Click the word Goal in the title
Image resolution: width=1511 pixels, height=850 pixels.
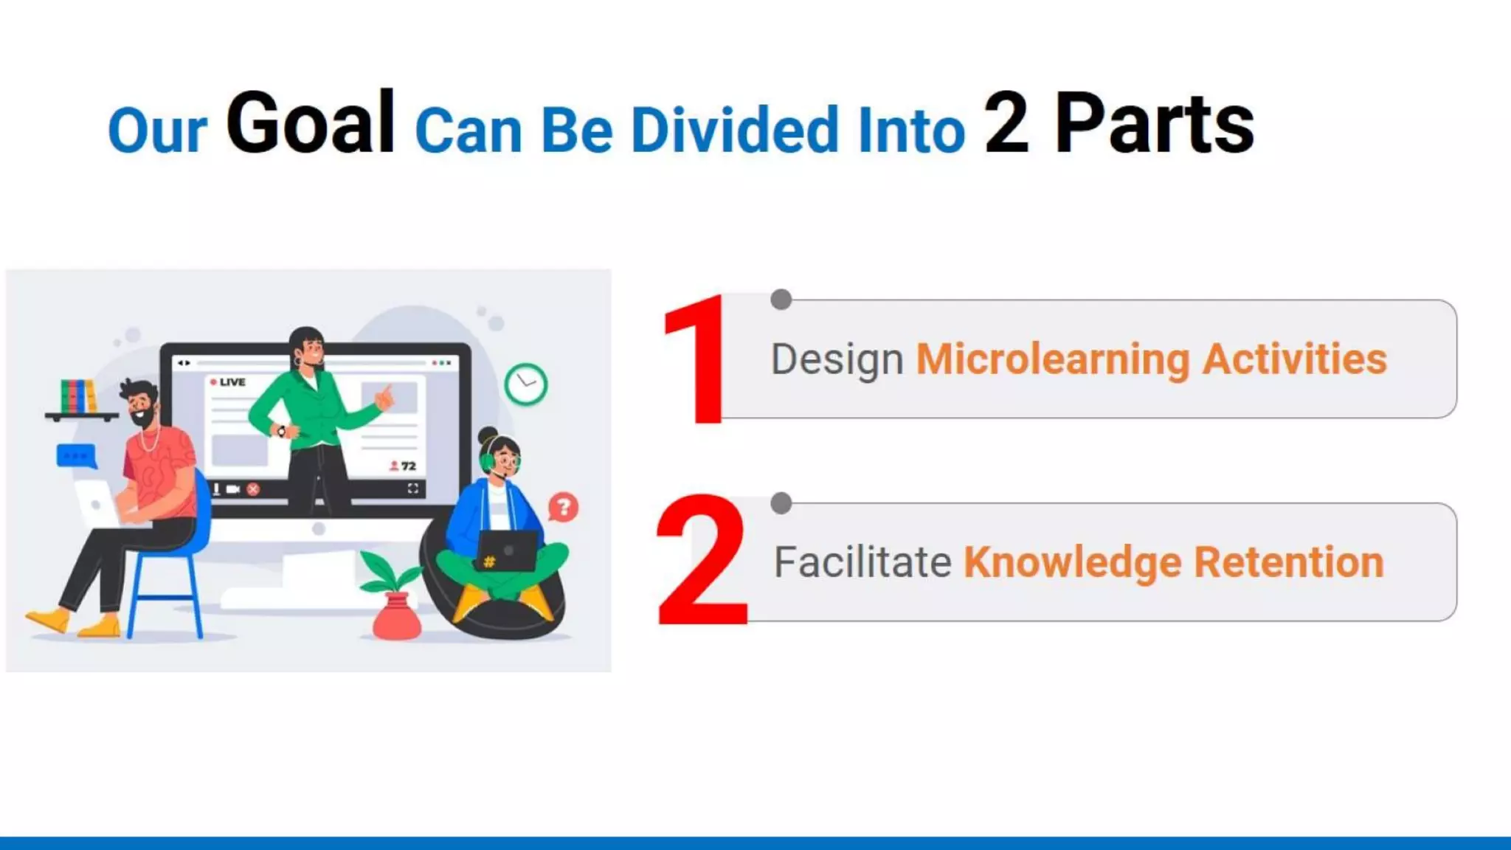click(x=310, y=123)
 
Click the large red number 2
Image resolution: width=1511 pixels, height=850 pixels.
click(x=701, y=561)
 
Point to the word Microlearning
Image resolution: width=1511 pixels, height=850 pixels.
click(x=1052, y=359)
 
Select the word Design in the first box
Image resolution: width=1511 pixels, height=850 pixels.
click(x=837, y=360)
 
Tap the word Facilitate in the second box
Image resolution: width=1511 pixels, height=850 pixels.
click(x=862, y=562)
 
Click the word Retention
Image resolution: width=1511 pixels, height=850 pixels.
click(x=1288, y=562)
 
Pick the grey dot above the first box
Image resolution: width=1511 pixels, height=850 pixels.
click(x=781, y=299)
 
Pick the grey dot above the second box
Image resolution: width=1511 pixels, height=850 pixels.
click(x=781, y=503)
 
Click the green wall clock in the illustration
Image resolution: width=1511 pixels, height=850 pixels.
click(x=525, y=384)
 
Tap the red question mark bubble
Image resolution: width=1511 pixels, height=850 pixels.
click(x=564, y=507)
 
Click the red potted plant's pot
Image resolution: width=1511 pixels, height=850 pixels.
click(x=396, y=620)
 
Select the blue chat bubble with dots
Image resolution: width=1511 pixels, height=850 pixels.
click(x=76, y=455)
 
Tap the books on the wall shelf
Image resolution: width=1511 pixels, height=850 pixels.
click(x=77, y=396)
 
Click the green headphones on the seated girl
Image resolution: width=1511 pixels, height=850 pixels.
click(x=487, y=459)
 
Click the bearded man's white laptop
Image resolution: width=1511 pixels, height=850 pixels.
click(x=98, y=503)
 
